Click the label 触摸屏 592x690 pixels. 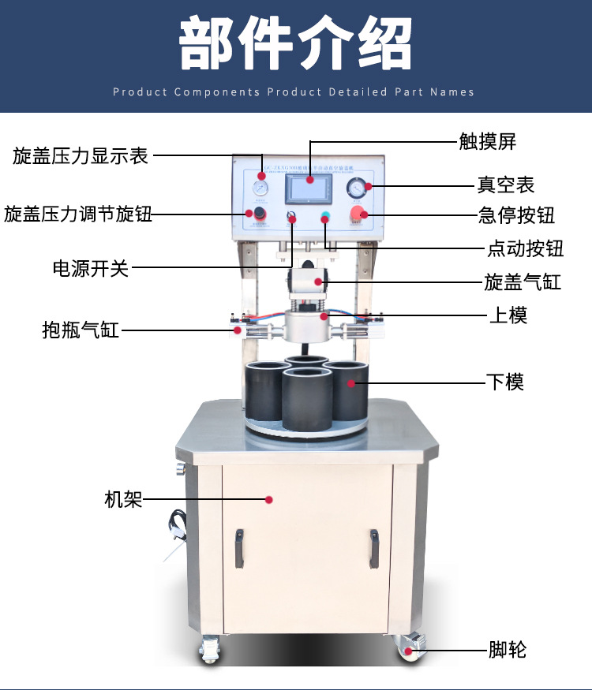pyautogui.click(x=487, y=142)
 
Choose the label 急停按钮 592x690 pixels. pyautogui.click(x=516, y=215)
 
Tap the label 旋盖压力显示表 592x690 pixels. pyautogui.click(x=81, y=155)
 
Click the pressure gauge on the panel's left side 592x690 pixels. pyautogui.click(x=259, y=188)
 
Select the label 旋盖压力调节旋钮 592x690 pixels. pyautogui.click(x=78, y=214)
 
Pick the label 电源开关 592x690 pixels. pyautogui.click(x=90, y=268)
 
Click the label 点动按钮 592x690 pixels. pyautogui.click(x=525, y=249)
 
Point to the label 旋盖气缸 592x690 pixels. pyautogui.click(x=523, y=282)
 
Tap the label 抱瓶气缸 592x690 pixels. pyautogui.click(x=81, y=330)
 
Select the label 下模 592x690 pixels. pyautogui.click(x=505, y=382)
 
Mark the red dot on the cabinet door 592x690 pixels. pyautogui.click(x=268, y=499)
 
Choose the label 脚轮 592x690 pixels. pyautogui.click(x=507, y=650)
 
